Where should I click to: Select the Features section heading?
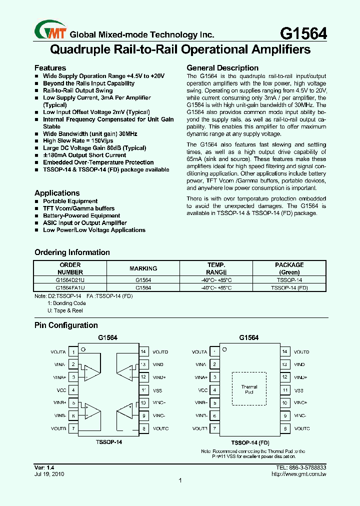[x=50, y=68]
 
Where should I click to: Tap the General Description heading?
[x=222, y=68]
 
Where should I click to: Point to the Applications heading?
[x=57, y=193]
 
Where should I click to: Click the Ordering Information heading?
[x=72, y=252]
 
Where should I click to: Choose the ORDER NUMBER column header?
[x=70, y=268]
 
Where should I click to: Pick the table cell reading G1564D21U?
[x=70, y=280]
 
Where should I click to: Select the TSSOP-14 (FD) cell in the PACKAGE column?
[x=289, y=288]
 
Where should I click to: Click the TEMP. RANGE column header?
[x=216, y=268]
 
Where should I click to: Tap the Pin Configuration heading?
[x=66, y=325]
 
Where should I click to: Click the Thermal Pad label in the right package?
[x=249, y=389]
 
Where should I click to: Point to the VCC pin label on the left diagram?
[x=61, y=390]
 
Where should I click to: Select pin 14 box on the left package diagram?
[x=143, y=352]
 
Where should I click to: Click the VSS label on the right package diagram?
[x=298, y=390]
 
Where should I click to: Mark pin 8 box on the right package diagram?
[x=285, y=428]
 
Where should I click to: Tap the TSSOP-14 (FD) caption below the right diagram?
[x=250, y=442]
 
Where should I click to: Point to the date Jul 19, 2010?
[x=49, y=473]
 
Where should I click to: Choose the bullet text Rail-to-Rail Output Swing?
[x=77, y=90]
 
